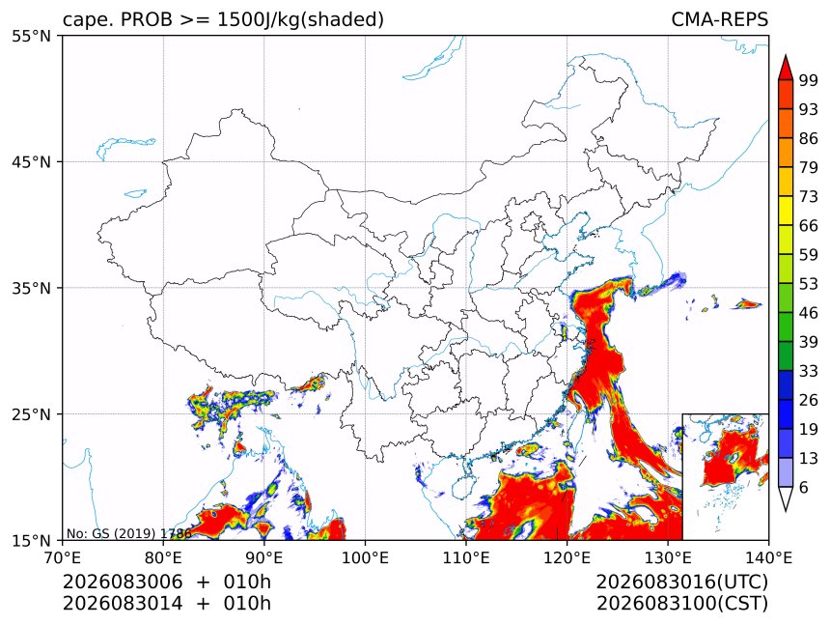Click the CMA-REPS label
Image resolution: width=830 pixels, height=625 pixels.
tap(719, 19)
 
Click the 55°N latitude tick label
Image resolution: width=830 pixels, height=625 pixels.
tap(31, 37)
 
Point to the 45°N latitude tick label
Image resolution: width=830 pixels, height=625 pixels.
tap(31, 162)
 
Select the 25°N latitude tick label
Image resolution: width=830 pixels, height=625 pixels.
tap(31, 414)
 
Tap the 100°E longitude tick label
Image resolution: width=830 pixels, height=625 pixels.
tap(365, 557)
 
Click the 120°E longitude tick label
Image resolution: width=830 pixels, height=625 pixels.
tap(567, 557)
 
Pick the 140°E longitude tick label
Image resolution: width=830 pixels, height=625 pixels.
tap(768, 557)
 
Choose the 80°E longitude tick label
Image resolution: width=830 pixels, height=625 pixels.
tap(163, 557)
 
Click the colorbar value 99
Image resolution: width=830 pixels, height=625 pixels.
tap(809, 80)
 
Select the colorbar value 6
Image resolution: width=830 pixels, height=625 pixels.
tap(804, 487)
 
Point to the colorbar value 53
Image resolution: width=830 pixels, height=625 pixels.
tap(809, 284)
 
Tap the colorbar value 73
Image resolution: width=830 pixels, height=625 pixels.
tap(809, 197)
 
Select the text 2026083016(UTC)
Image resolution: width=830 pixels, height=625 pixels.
tap(681, 582)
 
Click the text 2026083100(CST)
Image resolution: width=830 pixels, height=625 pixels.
tap(681, 604)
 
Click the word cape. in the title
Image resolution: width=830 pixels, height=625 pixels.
tap(89, 20)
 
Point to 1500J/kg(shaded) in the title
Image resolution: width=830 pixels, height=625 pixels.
tap(301, 19)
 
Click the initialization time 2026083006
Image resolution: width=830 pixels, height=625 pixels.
tap(123, 582)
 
